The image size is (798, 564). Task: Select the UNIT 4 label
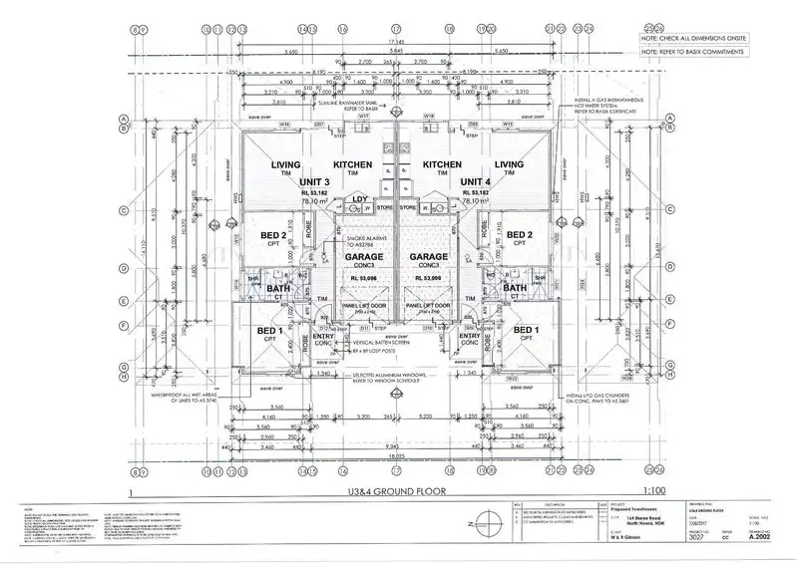click(x=474, y=181)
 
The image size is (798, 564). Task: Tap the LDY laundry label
click(x=360, y=200)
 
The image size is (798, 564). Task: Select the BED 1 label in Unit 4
click(x=526, y=330)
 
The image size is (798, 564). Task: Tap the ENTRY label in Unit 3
click(x=325, y=336)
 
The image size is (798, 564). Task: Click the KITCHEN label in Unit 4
click(x=441, y=164)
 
